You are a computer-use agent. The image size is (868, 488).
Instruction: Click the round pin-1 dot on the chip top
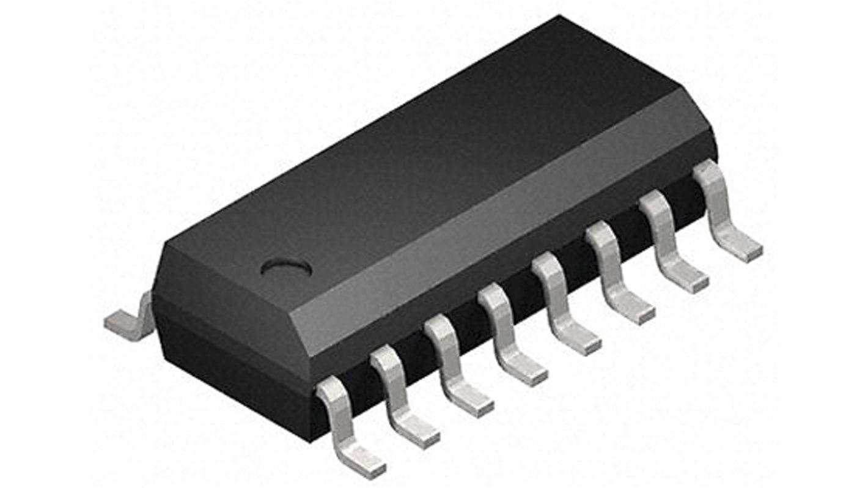point(286,267)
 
